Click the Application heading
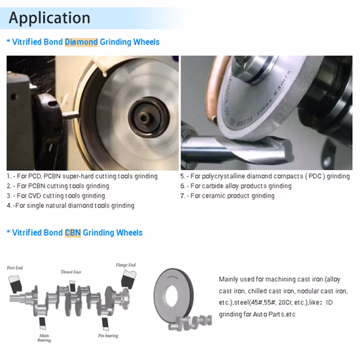(49, 18)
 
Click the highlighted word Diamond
(81, 42)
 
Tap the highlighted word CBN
(73, 232)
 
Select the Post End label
(15, 268)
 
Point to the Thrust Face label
(71, 272)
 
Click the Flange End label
(126, 265)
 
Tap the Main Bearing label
(45, 338)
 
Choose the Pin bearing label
(108, 336)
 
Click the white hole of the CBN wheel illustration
(171, 295)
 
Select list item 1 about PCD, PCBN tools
(82, 176)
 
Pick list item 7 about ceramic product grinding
(228, 196)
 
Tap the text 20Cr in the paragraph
(285, 302)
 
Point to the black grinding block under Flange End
(128, 278)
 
